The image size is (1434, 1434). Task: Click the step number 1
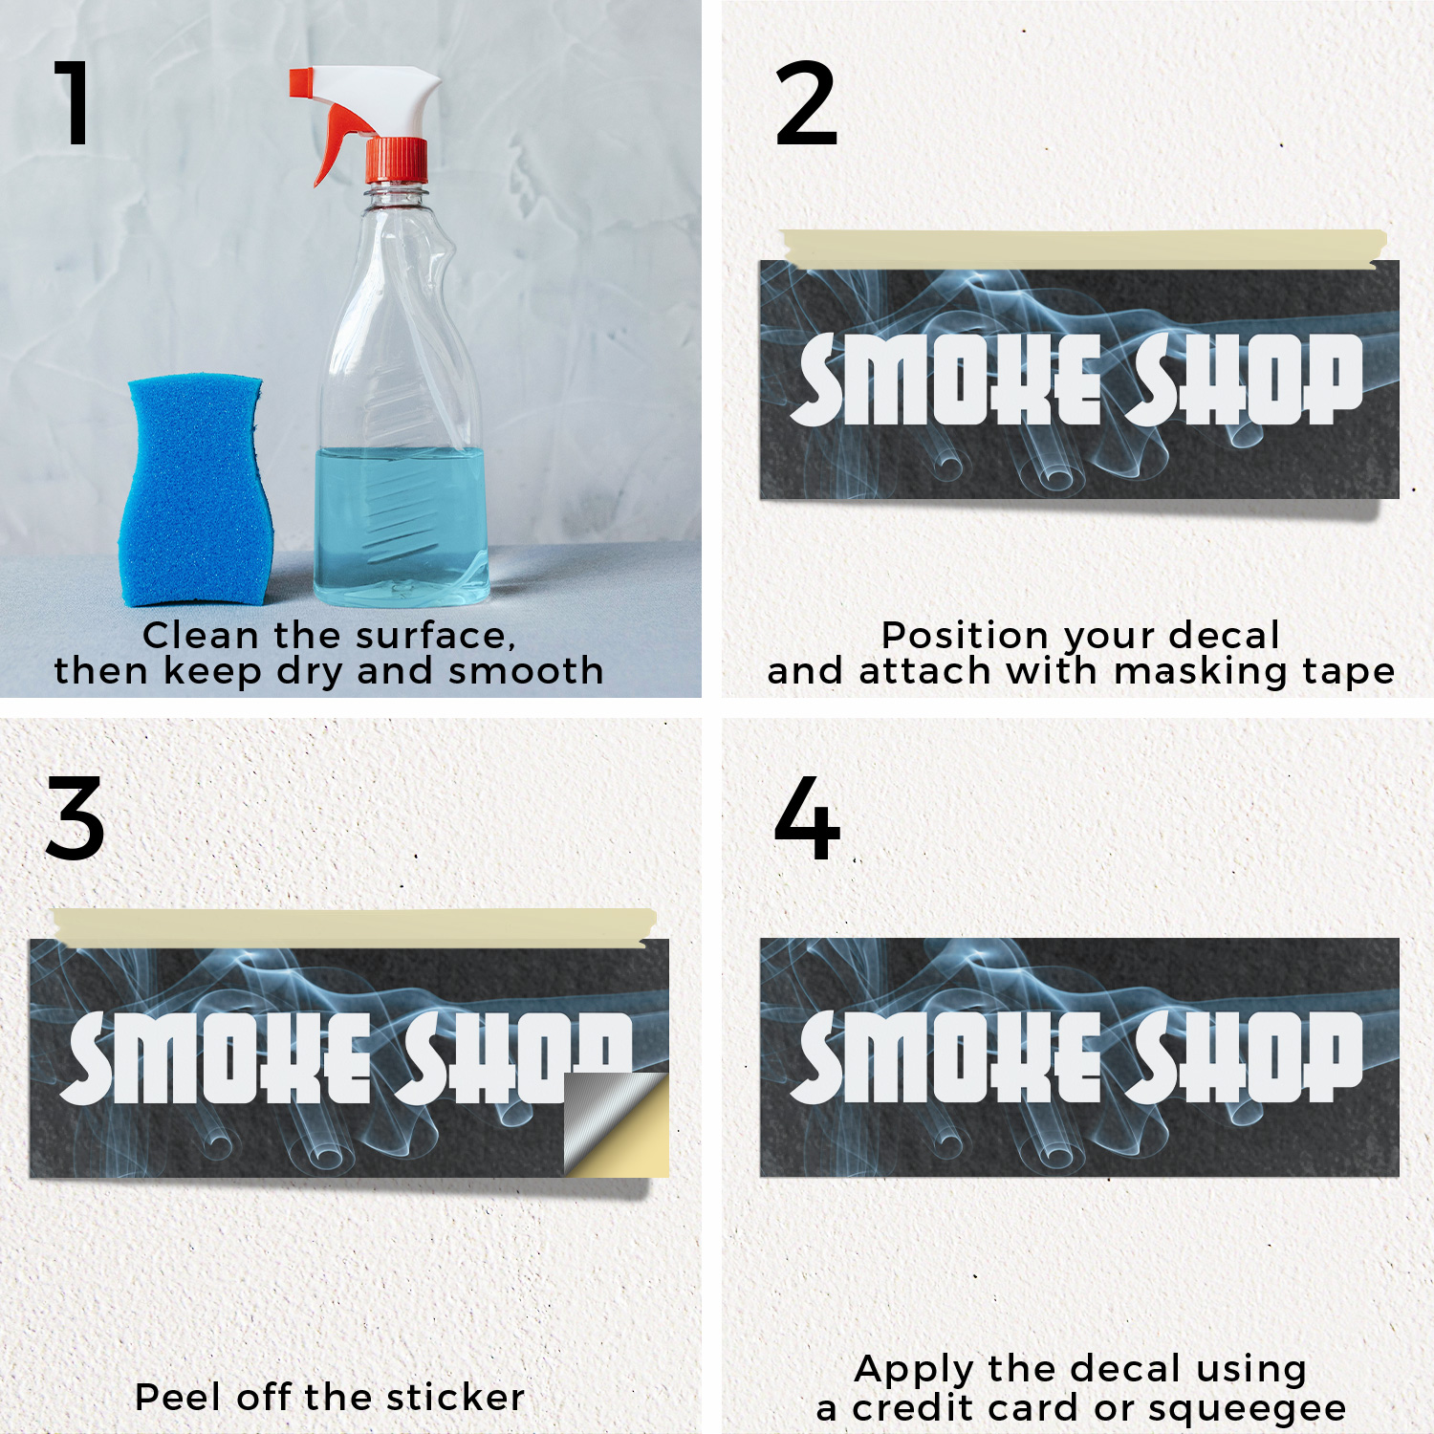click(74, 102)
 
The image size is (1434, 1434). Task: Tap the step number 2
click(806, 103)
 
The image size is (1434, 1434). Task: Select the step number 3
click(75, 818)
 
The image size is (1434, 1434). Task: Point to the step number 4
click(807, 818)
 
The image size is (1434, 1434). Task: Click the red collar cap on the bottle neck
click(397, 160)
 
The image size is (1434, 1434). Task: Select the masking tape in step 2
click(1083, 248)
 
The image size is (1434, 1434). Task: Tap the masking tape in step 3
click(355, 927)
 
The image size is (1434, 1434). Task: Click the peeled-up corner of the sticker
click(616, 1123)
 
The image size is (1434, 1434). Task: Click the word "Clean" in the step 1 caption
click(201, 636)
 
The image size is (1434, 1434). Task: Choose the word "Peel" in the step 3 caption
click(179, 1397)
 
